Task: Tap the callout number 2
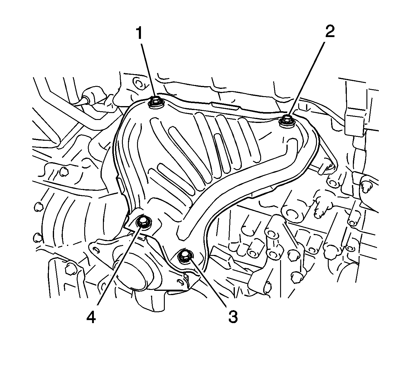coord(330,31)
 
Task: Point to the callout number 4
coord(91,318)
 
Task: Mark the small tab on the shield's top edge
coord(225,105)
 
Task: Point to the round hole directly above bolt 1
coord(139,83)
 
